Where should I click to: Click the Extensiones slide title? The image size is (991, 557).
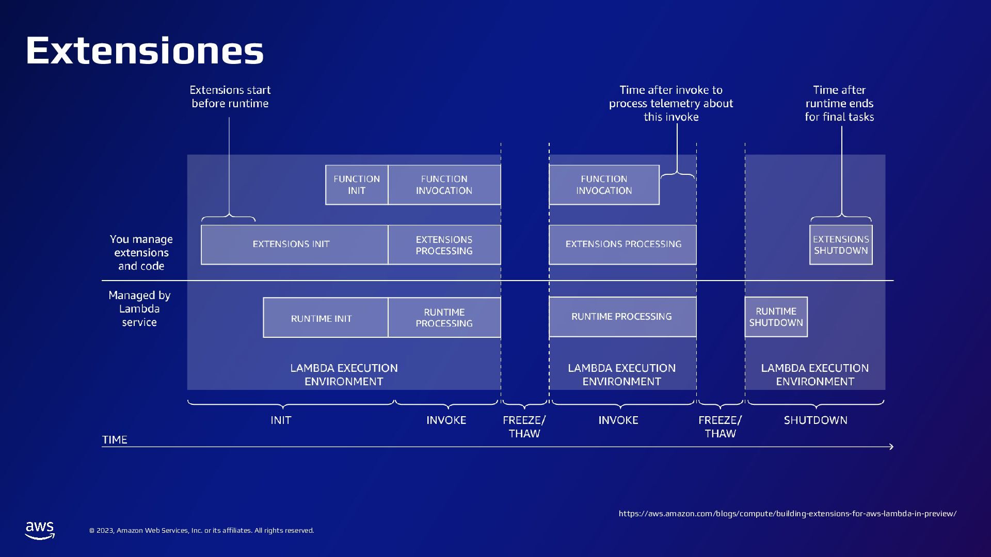tap(145, 51)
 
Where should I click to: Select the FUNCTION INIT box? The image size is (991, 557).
tap(357, 185)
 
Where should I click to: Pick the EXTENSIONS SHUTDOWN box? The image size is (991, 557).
tap(841, 244)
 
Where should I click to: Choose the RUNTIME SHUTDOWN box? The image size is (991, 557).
tap(776, 317)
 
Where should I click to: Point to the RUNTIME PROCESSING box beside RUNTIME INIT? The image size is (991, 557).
tap(444, 318)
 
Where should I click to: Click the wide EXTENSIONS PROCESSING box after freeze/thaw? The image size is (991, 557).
tap(622, 244)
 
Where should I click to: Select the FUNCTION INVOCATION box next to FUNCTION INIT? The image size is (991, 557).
tap(444, 185)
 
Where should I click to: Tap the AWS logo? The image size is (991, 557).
tap(40, 530)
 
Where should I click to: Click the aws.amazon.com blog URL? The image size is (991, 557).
tap(787, 514)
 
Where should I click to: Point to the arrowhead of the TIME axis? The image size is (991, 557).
tap(891, 447)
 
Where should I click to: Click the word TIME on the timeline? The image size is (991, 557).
tap(115, 440)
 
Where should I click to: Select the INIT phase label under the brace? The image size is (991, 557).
tap(281, 420)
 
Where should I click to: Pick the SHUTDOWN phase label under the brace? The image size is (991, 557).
tap(816, 420)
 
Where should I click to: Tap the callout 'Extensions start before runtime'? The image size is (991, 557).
tap(230, 97)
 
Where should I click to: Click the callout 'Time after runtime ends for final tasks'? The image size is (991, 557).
tap(839, 104)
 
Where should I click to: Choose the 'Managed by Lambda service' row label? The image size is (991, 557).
tap(139, 309)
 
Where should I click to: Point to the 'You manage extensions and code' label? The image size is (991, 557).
tap(141, 253)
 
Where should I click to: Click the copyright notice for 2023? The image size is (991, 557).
tap(201, 531)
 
